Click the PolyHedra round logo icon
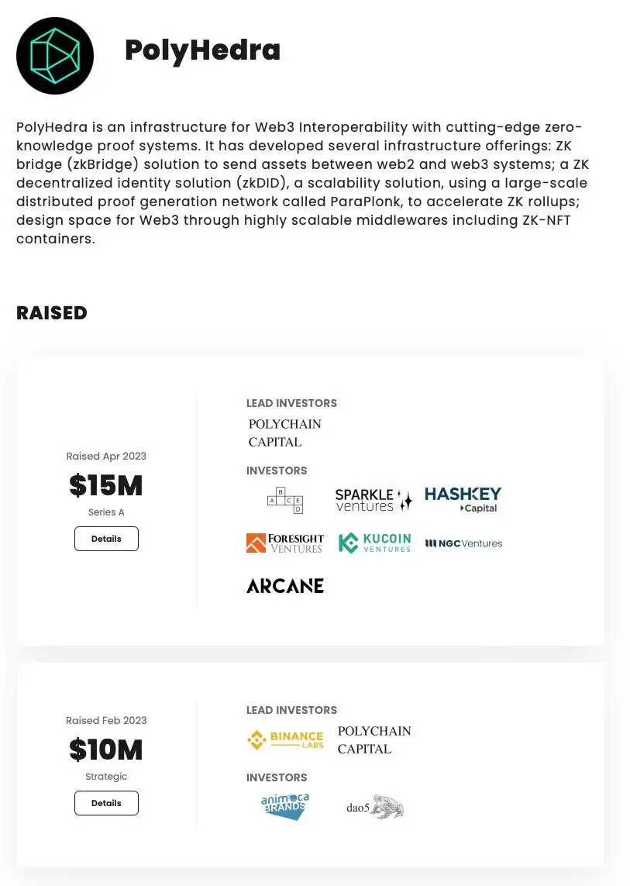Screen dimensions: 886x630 tap(55, 56)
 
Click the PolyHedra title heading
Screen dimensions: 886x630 tap(202, 50)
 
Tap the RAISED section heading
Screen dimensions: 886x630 tap(52, 313)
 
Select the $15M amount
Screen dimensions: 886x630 tap(106, 486)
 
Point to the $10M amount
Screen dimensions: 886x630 tap(106, 750)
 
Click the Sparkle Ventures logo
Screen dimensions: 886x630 tap(374, 500)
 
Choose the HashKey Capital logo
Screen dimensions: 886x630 tap(463, 499)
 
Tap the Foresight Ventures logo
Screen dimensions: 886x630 tap(284, 543)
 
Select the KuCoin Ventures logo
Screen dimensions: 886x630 tap(375, 543)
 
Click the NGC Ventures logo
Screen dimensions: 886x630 tap(464, 543)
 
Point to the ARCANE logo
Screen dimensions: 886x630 tap(285, 586)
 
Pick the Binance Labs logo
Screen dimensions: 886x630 tap(284, 740)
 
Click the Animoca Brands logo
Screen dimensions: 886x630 tap(285, 807)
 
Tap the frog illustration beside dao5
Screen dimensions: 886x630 tap(387, 807)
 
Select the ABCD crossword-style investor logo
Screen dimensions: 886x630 tap(285, 501)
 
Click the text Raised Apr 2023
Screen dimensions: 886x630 tap(106, 456)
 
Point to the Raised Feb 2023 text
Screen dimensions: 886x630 tap(106, 720)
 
